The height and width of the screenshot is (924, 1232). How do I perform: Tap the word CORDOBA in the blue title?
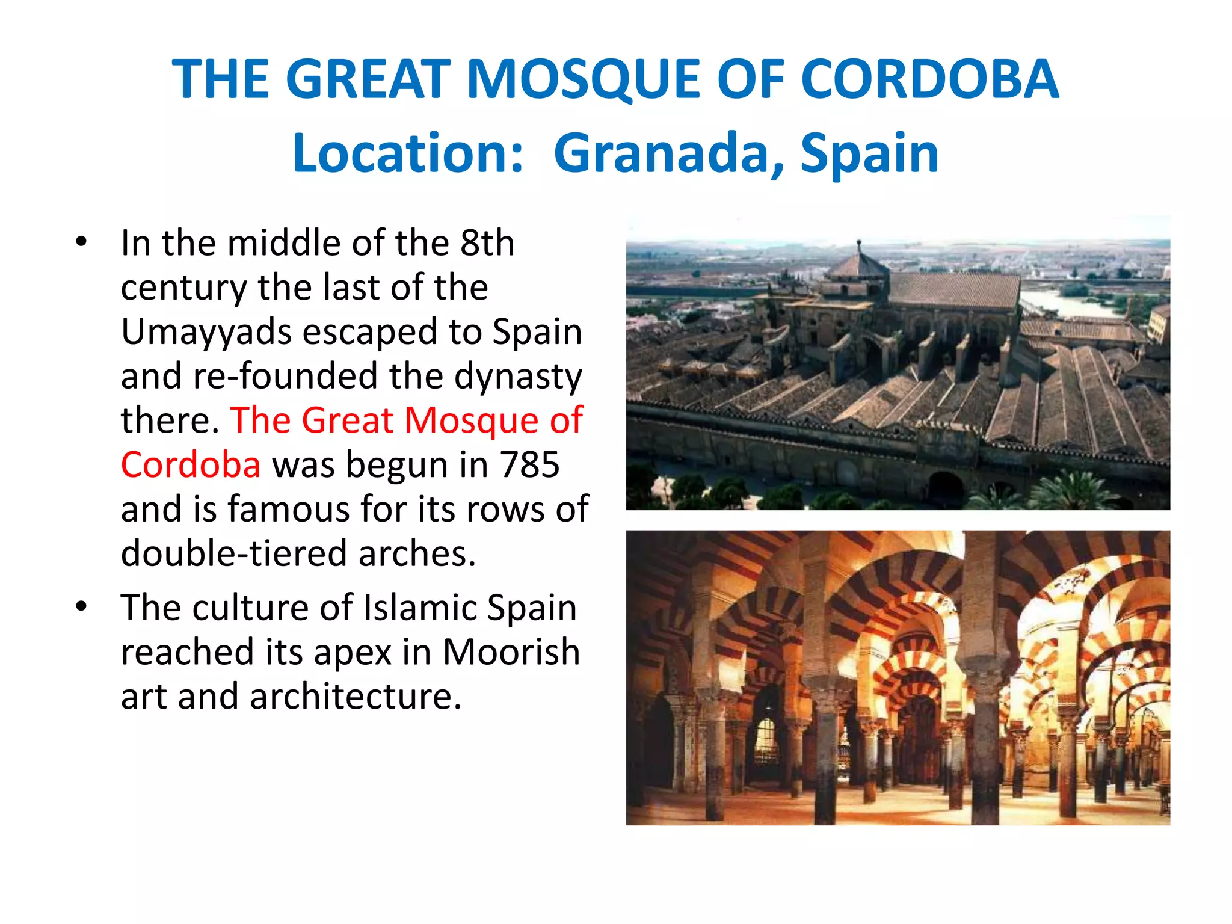(929, 79)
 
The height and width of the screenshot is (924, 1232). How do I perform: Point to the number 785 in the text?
(530, 464)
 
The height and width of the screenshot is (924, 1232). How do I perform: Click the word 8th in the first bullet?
(487, 243)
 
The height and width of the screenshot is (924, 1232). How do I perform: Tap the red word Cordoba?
(191, 464)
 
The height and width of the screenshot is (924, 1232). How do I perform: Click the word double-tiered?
(234, 553)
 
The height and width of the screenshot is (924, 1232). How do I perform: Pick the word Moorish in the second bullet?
(511, 651)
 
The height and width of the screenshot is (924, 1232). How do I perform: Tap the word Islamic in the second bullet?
(419, 608)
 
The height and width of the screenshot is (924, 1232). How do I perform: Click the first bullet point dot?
(81, 243)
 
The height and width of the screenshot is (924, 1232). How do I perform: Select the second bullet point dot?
(81, 606)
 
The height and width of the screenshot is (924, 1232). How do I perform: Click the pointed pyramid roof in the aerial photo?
(859, 263)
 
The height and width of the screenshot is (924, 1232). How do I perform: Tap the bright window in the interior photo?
(765, 737)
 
